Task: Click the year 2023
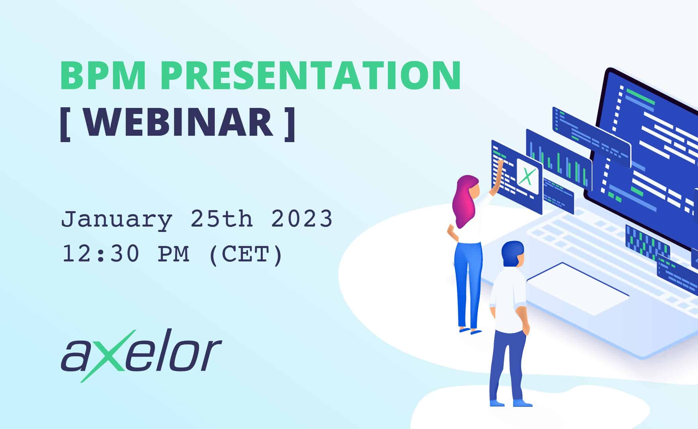[x=302, y=219]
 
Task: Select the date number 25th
[x=221, y=219]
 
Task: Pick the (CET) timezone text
[x=246, y=255]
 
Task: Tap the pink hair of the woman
[x=465, y=201]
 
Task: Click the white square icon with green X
[x=528, y=176]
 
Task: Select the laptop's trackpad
[x=577, y=289]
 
